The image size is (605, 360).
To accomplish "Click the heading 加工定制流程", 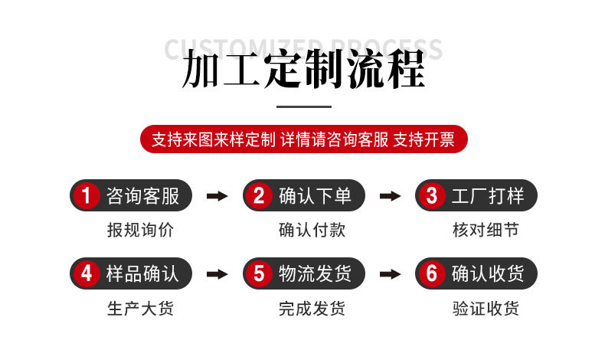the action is tap(303, 70).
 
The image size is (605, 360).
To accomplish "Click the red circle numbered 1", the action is tap(87, 196).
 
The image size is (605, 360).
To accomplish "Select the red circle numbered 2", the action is tap(259, 196).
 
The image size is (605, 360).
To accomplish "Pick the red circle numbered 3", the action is tap(432, 196).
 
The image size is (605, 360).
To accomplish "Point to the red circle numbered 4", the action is tap(87, 273).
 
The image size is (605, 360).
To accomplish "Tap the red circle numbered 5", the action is tap(259, 273).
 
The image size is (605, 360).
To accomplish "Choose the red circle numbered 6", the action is tap(432, 273).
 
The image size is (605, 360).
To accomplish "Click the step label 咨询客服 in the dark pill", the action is tap(142, 196).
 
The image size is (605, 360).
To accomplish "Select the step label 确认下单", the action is tap(315, 196).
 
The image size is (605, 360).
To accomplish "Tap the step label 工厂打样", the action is tap(488, 196).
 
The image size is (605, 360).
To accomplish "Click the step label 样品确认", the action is tap(142, 273).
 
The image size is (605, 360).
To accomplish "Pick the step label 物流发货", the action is tap(315, 273).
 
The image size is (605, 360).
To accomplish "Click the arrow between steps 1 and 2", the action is tap(217, 196).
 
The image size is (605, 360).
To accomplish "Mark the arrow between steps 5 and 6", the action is tap(391, 273).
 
